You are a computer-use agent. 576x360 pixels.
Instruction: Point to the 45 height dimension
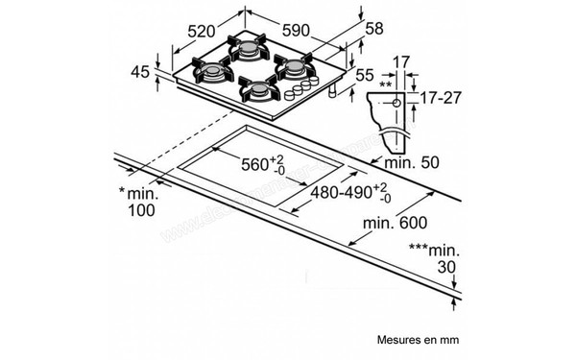tap(139, 73)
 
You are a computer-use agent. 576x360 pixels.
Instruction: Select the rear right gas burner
tap(293, 66)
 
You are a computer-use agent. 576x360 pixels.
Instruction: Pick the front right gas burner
tap(257, 90)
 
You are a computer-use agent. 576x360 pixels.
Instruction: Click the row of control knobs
tap(300, 91)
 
